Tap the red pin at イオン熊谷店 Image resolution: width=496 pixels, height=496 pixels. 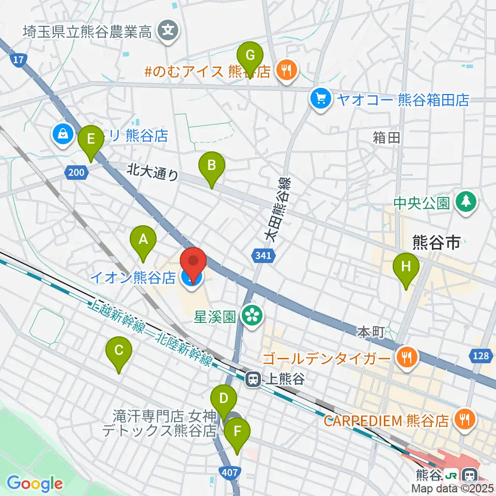(193, 265)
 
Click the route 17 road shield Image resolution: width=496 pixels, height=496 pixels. (18, 60)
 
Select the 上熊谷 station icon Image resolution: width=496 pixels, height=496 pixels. (253, 380)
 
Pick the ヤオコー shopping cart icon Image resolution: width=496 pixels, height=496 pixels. (321, 99)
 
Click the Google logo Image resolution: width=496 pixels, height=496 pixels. (35, 484)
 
